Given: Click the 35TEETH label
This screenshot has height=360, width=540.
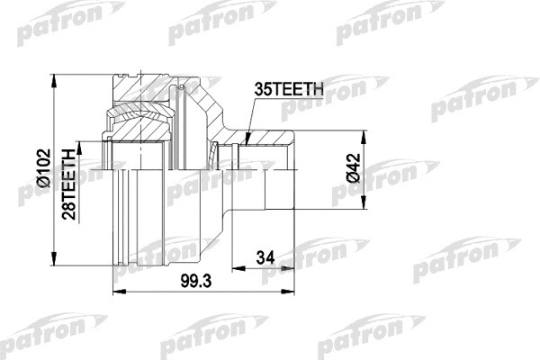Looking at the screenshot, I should pyautogui.click(x=288, y=88).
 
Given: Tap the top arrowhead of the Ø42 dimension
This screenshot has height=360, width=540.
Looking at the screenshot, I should pyautogui.click(x=364, y=136).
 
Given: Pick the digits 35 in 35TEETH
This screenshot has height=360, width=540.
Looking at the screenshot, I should pyautogui.click(x=264, y=88).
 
